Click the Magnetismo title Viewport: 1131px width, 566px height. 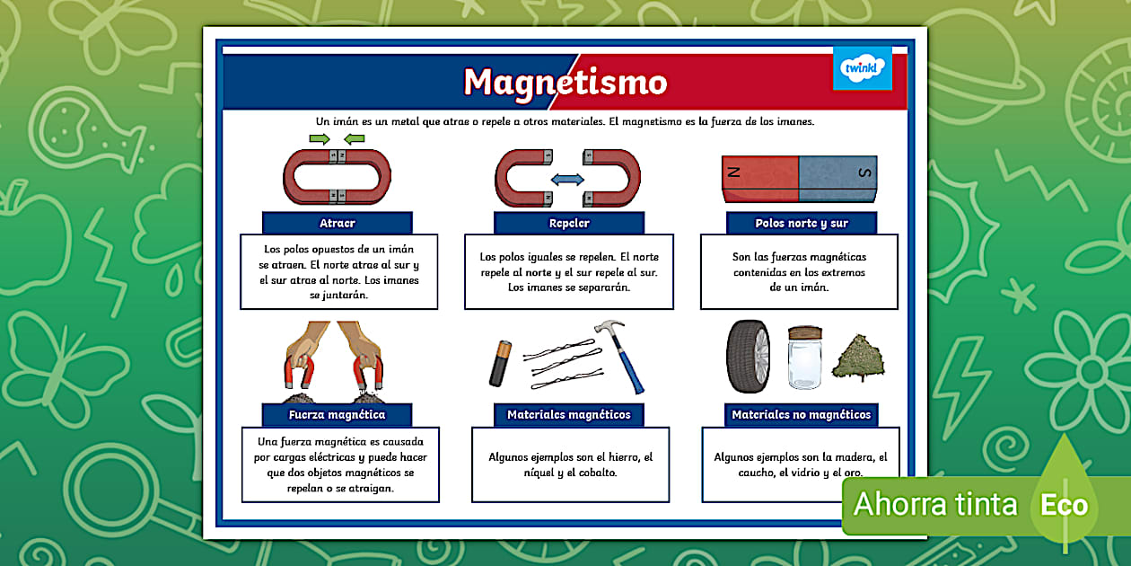[x=565, y=82]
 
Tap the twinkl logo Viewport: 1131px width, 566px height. [x=862, y=68]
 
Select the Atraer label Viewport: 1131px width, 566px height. [x=338, y=223]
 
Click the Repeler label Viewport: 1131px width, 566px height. [x=569, y=223]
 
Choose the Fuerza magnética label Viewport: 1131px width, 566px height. [x=338, y=415]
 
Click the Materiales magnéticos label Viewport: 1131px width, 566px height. [x=569, y=415]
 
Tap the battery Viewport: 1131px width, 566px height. [x=500, y=362]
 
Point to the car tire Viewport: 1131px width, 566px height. [x=748, y=357]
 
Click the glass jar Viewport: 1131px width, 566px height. [x=805, y=357]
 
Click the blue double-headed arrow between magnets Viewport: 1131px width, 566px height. [x=567, y=180]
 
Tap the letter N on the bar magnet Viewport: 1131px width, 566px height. [x=735, y=172]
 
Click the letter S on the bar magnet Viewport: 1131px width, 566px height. [x=864, y=172]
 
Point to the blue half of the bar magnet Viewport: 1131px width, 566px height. [x=837, y=177]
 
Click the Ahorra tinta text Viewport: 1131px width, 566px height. [x=935, y=505]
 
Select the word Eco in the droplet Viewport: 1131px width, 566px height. [x=1064, y=505]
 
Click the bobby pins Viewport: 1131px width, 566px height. [x=564, y=367]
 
